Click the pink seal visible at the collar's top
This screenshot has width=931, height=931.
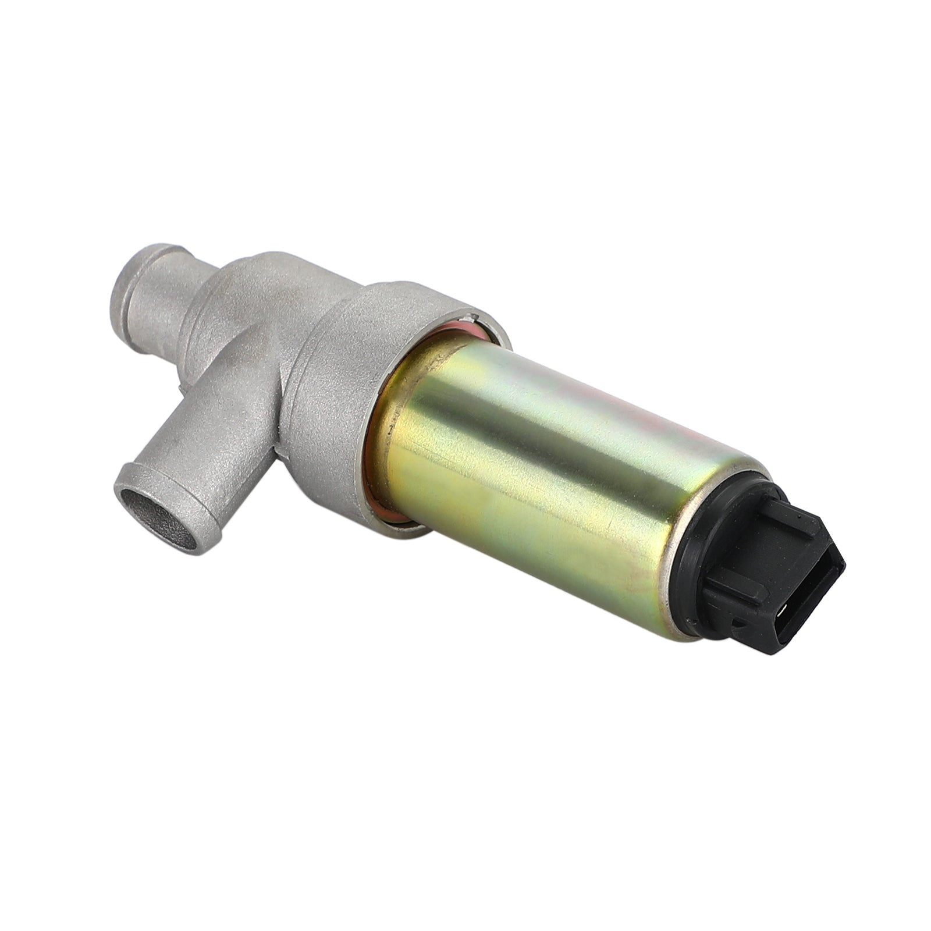[460, 333]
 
